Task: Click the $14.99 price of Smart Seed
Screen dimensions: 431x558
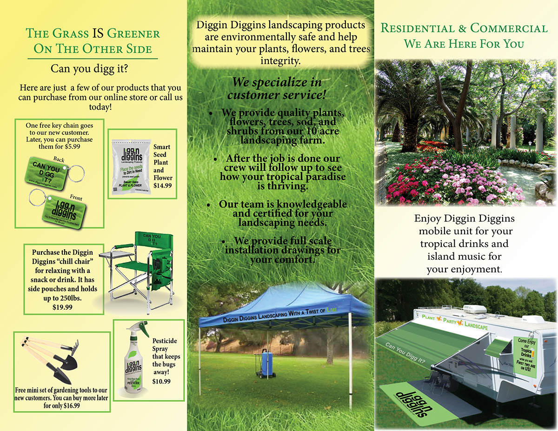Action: (x=162, y=186)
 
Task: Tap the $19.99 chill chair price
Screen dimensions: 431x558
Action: (x=62, y=307)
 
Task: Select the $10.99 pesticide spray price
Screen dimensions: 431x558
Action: (x=161, y=381)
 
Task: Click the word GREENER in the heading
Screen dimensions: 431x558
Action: (x=133, y=33)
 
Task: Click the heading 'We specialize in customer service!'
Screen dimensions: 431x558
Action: (x=277, y=88)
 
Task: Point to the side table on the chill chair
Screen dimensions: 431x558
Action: (x=112, y=253)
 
